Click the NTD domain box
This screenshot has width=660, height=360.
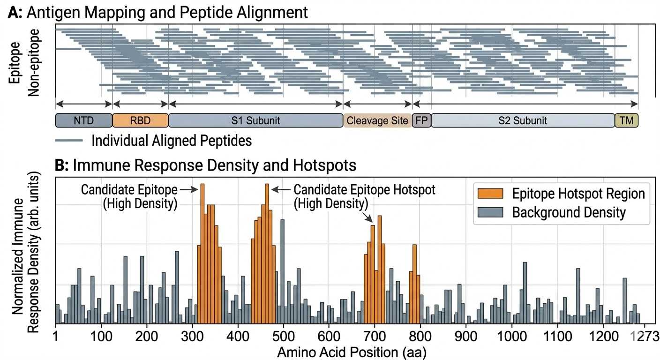[84, 120]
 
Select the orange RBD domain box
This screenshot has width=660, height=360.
[140, 120]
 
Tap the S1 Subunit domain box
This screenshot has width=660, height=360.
[255, 120]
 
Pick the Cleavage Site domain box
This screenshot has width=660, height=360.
[377, 120]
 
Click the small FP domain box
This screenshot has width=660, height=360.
[421, 120]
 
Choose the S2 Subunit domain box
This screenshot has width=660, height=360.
[523, 120]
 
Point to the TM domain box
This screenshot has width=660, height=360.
[626, 120]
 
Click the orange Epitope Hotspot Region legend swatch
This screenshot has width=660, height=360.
[489, 194]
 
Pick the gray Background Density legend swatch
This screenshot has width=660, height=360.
[489, 212]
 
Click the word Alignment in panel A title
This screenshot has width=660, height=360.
[269, 12]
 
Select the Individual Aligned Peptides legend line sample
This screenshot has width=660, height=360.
[69, 140]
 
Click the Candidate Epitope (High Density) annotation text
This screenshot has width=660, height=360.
[129, 197]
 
